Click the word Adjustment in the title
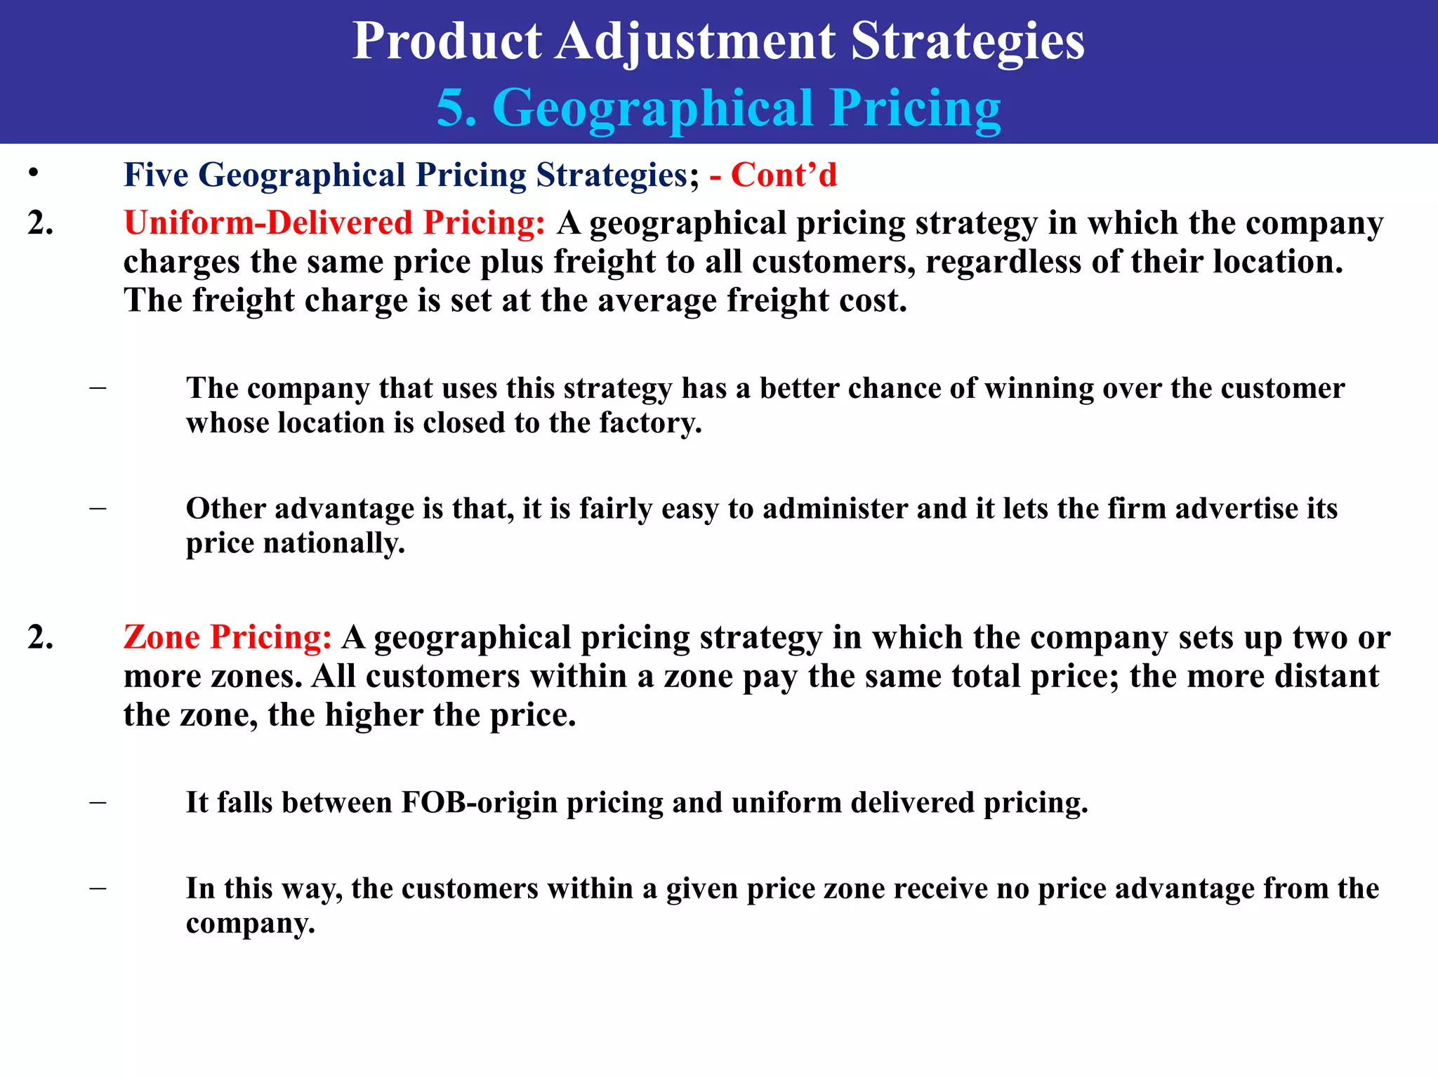click(695, 42)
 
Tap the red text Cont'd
click(784, 175)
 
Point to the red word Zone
click(162, 637)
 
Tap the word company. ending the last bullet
click(251, 924)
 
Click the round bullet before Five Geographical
click(33, 173)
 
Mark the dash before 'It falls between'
click(98, 801)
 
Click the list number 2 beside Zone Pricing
click(40, 637)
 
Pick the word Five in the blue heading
click(156, 175)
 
